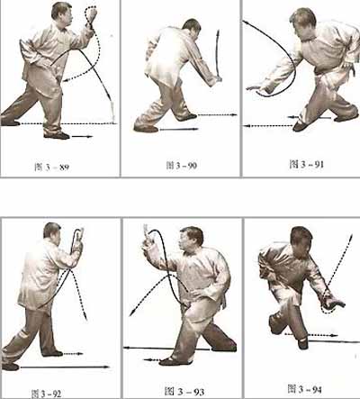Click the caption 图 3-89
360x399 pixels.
coord(52,167)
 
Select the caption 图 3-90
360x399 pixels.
coord(182,166)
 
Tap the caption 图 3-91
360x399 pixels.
coord(306,164)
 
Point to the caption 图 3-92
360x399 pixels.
coord(47,394)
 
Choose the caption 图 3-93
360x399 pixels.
coord(184,391)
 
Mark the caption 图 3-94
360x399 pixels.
coord(304,389)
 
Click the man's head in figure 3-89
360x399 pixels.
coord(62,15)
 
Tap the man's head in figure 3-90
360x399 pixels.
coord(192,29)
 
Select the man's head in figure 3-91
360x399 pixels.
coord(302,23)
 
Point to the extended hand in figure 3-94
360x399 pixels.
coord(334,303)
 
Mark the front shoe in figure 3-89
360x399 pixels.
coord(57,136)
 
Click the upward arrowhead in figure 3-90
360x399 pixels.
coord(219,32)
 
